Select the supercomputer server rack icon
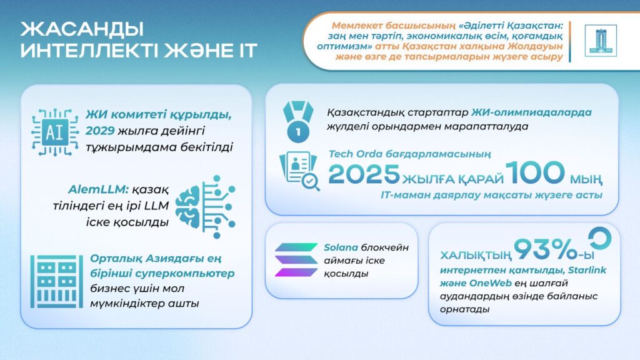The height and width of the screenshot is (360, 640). (56, 281)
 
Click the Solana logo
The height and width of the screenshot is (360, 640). (296, 259)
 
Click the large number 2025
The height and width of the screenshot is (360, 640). (364, 174)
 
